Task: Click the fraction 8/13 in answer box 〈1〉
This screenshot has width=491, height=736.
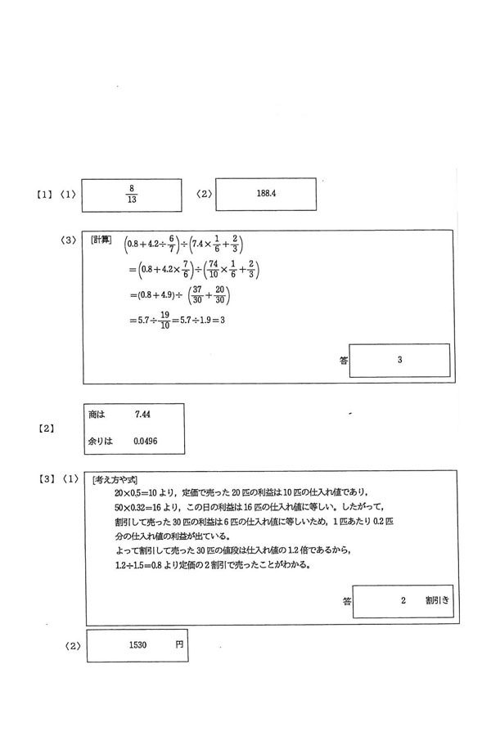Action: click(x=131, y=193)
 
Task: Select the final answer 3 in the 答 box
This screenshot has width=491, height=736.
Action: click(x=399, y=359)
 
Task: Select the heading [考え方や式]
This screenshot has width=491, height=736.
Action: click(x=115, y=479)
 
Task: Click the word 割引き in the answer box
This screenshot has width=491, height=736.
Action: click(x=435, y=600)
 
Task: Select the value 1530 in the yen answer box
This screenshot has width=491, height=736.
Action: click(x=137, y=645)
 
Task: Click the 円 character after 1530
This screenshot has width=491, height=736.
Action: click(x=179, y=645)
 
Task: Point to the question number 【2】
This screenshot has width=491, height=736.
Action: click(x=46, y=428)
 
